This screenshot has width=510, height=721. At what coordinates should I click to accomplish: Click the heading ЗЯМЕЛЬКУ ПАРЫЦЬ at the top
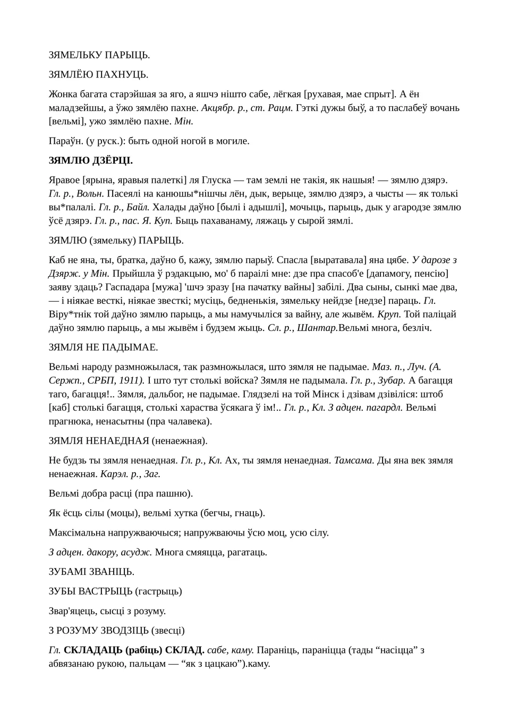click(99, 55)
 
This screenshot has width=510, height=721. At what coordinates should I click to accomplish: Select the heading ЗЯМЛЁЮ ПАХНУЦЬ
click(98, 74)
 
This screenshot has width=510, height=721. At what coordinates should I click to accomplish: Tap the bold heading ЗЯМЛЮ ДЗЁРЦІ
click(91, 160)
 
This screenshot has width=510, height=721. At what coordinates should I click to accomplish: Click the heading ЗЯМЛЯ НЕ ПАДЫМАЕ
click(103, 347)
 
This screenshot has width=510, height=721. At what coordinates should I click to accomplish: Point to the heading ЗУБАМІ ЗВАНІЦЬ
click(91, 572)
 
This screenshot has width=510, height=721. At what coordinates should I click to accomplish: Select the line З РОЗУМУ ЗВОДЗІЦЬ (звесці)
click(116, 631)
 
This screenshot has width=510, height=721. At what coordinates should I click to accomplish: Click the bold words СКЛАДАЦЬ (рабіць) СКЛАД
click(134, 650)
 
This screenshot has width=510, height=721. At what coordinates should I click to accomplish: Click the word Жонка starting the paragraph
click(63, 95)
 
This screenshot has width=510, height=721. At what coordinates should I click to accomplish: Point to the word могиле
click(232, 141)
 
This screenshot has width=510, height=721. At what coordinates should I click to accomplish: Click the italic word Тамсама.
click(354, 460)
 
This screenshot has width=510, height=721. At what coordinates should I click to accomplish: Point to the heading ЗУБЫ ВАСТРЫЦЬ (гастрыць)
click(115, 591)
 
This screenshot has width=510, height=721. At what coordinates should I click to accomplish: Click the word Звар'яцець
click(73, 611)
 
